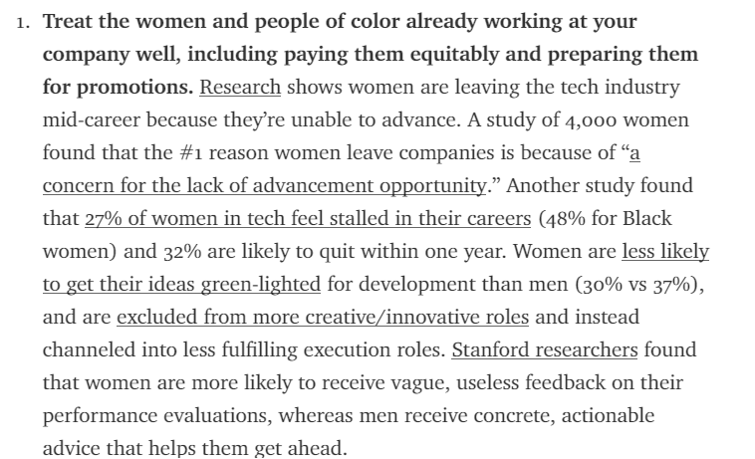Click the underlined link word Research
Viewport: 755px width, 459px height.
click(x=240, y=87)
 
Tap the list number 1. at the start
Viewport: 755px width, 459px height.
click(x=23, y=22)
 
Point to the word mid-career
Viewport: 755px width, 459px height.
click(x=91, y=120)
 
